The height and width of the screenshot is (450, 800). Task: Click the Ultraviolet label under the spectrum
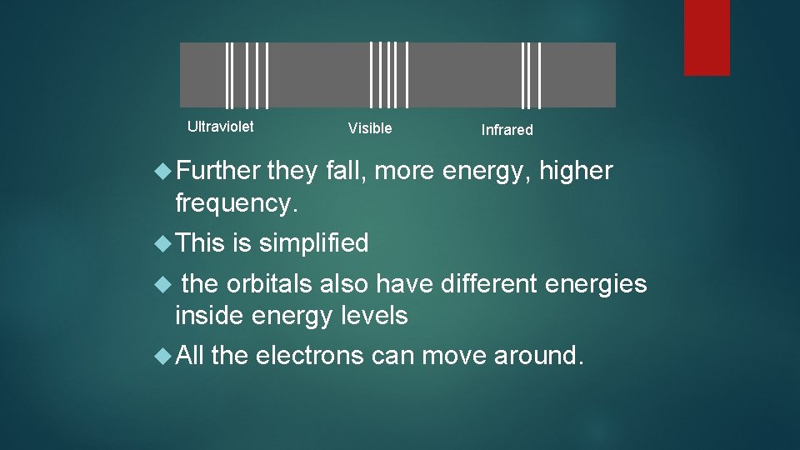(x=220, y=127)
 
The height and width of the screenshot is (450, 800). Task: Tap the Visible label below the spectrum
(x=369, y=128)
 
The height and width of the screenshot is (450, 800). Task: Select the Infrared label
(x=507, y=130)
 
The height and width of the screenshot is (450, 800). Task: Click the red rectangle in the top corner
(x=707, y=37)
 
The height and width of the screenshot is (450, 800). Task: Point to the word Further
(x=218, y=172)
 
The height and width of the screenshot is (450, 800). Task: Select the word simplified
(x=313, y=243)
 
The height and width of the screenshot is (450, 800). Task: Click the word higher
(x=576, y=172)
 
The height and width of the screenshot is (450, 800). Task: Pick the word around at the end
(x=536, y=356)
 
